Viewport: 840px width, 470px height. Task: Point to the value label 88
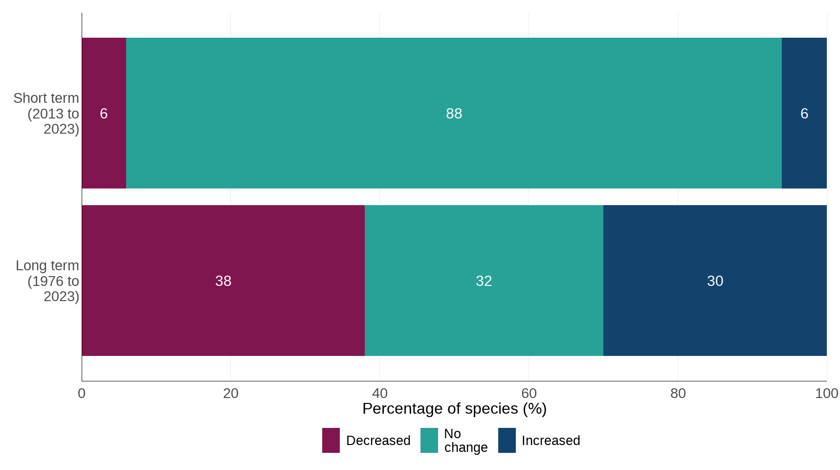tap(454, 114)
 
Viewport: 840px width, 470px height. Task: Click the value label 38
tap(223, 281)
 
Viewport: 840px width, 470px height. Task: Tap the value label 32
tap(484, 281)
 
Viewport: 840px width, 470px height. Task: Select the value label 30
tap(715, 281)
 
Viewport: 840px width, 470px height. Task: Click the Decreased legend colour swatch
tap(331, 440)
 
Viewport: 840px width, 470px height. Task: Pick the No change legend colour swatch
tap(429, 440)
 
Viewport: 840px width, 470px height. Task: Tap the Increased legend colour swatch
tap(507, 440)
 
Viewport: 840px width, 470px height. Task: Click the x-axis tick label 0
tap(82, 393)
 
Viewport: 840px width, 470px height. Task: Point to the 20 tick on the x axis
tap(231, 393)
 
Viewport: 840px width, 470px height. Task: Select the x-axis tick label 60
tap(529, 393)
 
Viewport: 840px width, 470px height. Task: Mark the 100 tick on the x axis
tap(826, 393)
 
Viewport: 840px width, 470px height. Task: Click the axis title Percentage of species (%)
tap(454, 409)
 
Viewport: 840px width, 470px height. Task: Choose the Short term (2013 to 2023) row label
tap(47, 114)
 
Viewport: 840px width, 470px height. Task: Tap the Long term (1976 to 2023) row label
tap(48, 281)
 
